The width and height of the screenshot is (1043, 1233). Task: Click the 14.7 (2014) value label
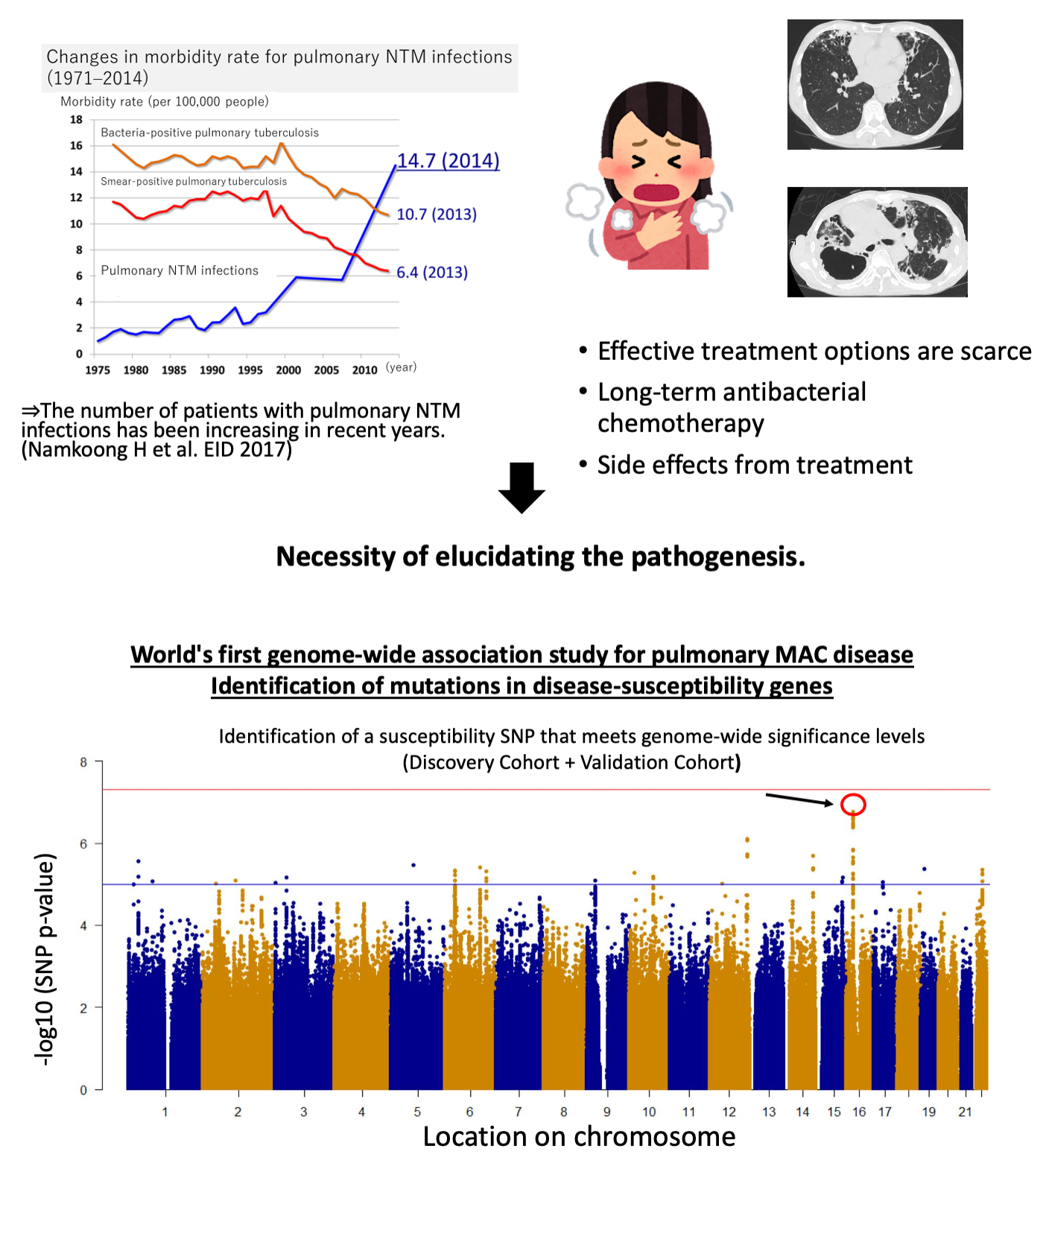point(448,161)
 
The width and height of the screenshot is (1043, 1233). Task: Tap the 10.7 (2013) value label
point(437,215)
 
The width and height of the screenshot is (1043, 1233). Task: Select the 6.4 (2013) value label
point(432,273)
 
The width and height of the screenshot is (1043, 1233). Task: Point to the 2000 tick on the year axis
point(288,370)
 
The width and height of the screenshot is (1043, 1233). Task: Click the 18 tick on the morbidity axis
point(76,119)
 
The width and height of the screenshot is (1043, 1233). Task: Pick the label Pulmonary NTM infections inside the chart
point(180,270)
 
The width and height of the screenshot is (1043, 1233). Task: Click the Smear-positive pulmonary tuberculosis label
point(194,181)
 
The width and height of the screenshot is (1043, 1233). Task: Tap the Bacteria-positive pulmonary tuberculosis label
point(209,133)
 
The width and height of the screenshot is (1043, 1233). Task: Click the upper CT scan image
point(875,84)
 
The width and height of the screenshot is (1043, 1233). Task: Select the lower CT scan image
point(877,242)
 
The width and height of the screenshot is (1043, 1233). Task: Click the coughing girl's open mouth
point(656,193)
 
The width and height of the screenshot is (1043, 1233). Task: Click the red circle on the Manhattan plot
point(853,805)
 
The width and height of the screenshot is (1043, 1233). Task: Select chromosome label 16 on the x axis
point(859,1112)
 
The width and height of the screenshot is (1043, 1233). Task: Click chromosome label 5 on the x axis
point(417,1112)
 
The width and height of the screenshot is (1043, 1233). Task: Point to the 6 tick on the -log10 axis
point(83,844)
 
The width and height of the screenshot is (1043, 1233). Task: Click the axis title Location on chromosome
point(579,1137)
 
